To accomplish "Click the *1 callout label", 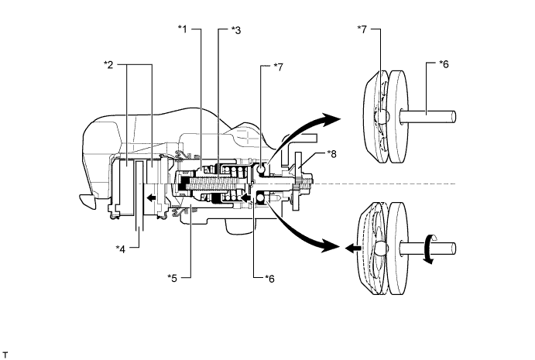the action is [x=183, y=29].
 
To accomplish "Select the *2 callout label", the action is [x=108, y=64].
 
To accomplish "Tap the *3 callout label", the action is [x=236, y=30].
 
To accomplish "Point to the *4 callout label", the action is [x=121, y=249].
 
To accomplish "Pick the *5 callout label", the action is [x=173, y=278].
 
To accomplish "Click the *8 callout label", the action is [x=331, y=154].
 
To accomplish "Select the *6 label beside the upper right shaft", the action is [x=444, y=63].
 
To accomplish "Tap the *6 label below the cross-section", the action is [x=269, y=279].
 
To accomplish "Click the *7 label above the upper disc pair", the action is [x=362, y=29].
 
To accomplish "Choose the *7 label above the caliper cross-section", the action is [x=278, y=67].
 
